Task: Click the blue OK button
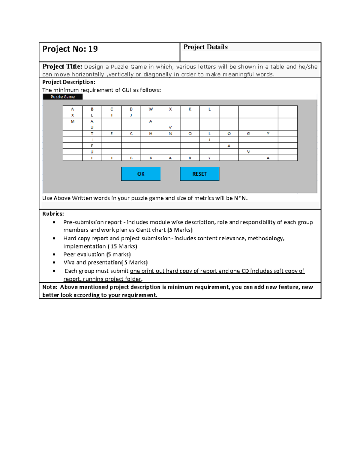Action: point(141,174)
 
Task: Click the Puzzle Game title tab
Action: point(63,97)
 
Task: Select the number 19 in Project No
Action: point(93,49)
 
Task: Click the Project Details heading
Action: point(205,47)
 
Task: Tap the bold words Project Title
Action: point(62,67)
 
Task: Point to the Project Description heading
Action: point(69,82)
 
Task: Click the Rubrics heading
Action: point(53,214)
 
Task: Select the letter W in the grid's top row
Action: point(151,109)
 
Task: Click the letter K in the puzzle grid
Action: point(190,109)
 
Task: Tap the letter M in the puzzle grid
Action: point(73,122)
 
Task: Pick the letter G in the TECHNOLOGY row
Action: point(248,134)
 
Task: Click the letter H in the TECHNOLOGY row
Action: point(151,134)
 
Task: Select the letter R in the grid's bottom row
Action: point(190,158)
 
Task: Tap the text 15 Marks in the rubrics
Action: point(123,246)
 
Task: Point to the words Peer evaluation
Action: point(84,254)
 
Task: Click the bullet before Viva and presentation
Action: point(54,263)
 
